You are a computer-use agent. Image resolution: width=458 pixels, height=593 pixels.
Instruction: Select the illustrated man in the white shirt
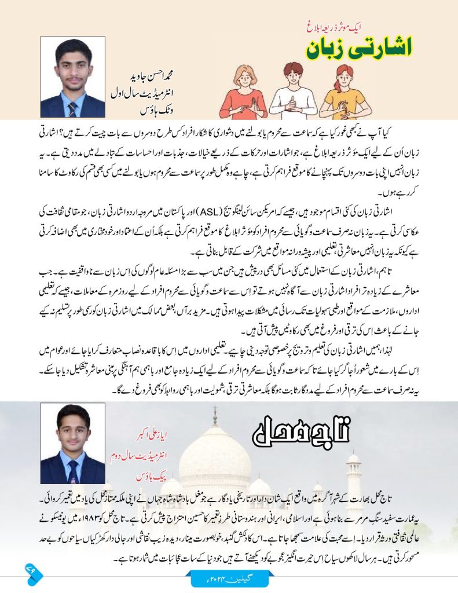tap(293, 90)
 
